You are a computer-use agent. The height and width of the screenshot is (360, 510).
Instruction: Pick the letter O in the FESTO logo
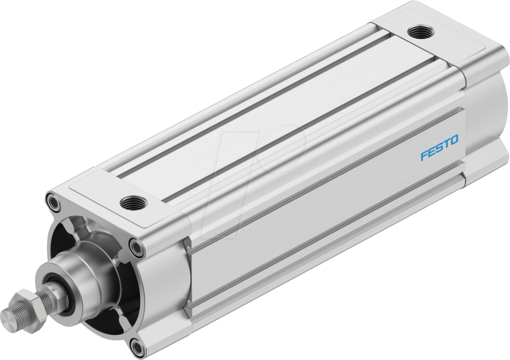[454, 140]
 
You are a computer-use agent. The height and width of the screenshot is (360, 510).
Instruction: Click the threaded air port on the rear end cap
[421, 32]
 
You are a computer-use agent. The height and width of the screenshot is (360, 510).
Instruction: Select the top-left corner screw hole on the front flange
[53, 202]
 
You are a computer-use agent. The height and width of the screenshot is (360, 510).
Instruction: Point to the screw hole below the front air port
[137, 249]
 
